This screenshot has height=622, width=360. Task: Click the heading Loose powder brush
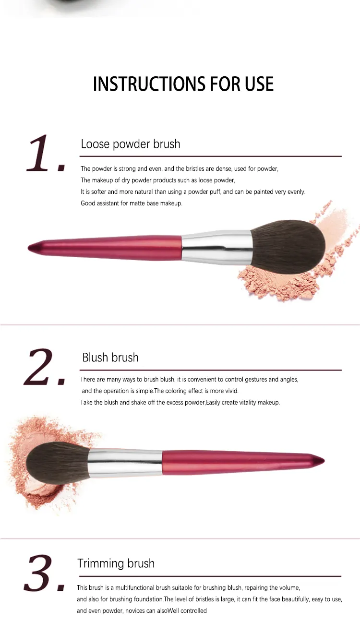click(x=131, y=144)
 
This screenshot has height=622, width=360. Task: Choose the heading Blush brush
click(x=110, y=358)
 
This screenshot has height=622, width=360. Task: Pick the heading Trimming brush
click(x=116, y=563)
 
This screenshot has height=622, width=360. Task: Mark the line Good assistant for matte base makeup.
click(x=132, y=203)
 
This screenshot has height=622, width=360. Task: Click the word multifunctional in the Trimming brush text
click(x=134, y=587)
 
